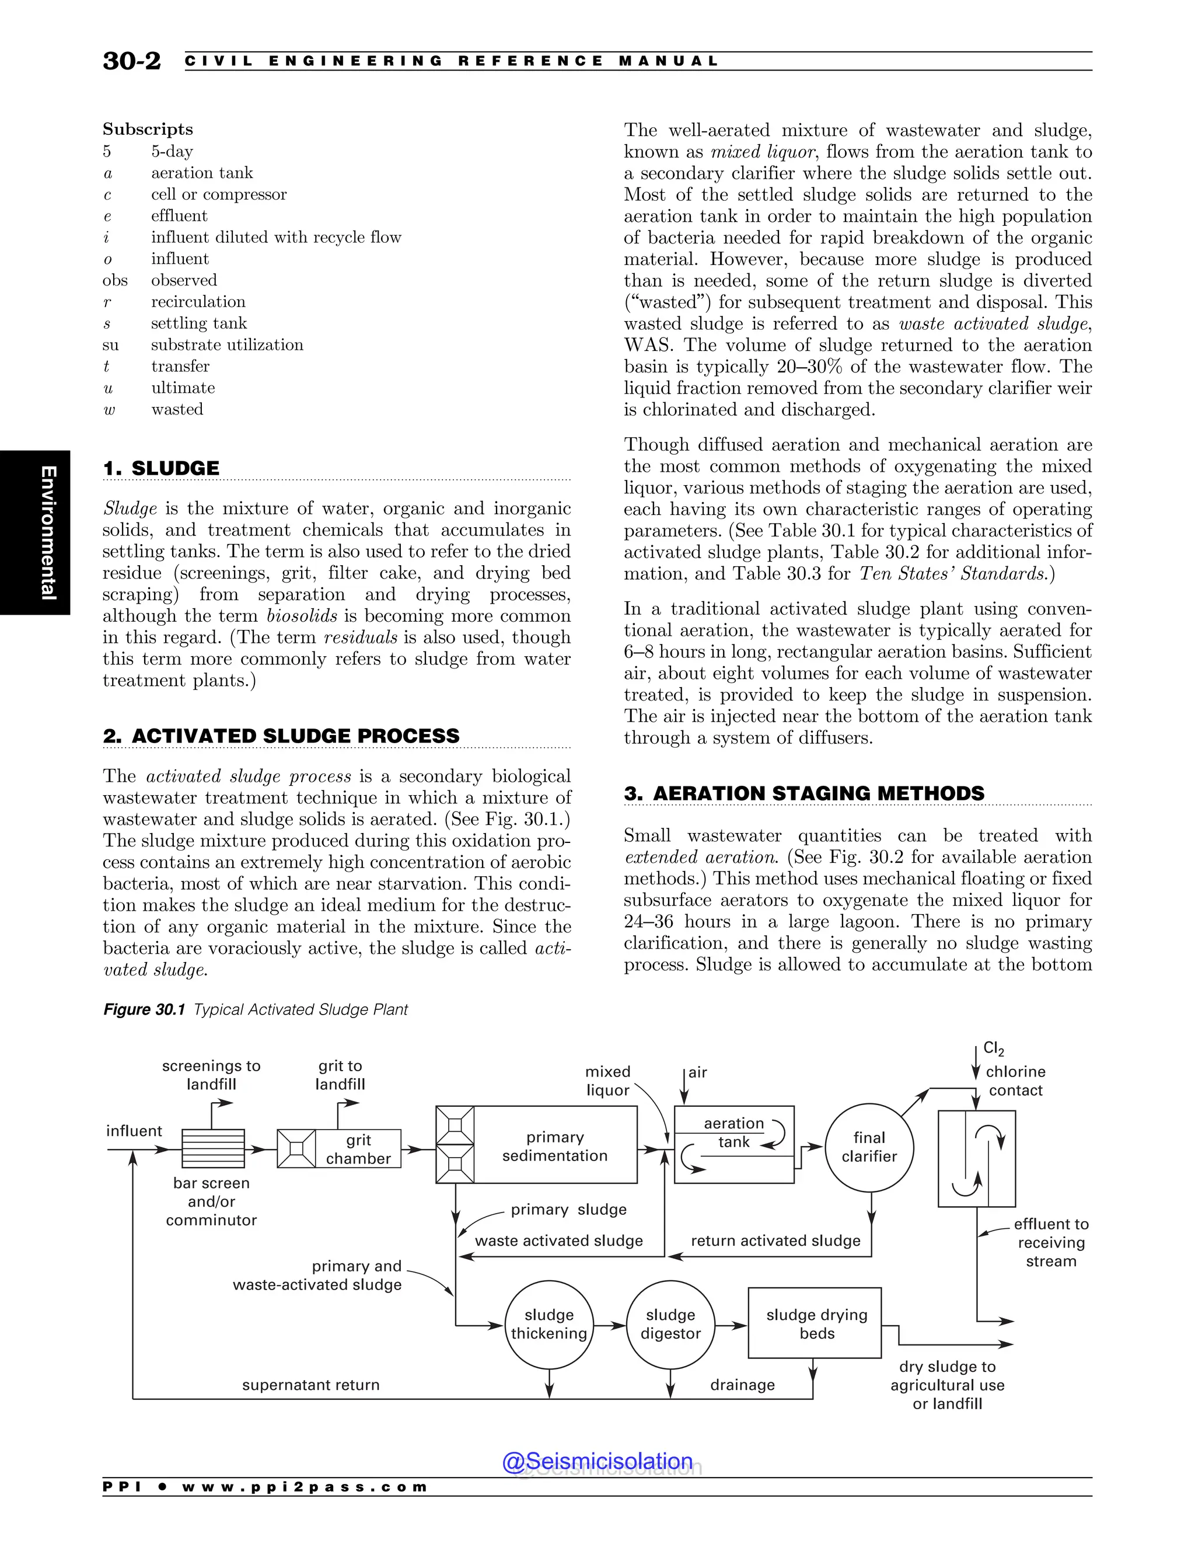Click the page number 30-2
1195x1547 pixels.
132,61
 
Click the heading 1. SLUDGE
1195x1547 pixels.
162,468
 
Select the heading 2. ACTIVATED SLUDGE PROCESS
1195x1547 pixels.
282,736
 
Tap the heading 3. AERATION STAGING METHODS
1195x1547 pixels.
804,793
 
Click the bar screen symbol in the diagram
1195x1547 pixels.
213,1148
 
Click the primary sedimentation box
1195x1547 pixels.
555,1146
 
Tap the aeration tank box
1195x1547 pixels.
734,1145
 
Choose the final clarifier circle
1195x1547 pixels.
869,1147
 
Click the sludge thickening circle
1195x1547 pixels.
548,1324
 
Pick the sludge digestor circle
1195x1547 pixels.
670,1324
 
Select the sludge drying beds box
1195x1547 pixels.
815,1323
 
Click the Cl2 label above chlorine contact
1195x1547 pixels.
994,1049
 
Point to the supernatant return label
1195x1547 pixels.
311,1385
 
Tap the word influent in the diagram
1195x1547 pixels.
134,1131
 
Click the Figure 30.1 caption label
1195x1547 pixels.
144,1009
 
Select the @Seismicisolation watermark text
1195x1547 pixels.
597,1461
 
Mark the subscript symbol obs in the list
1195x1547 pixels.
115,280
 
